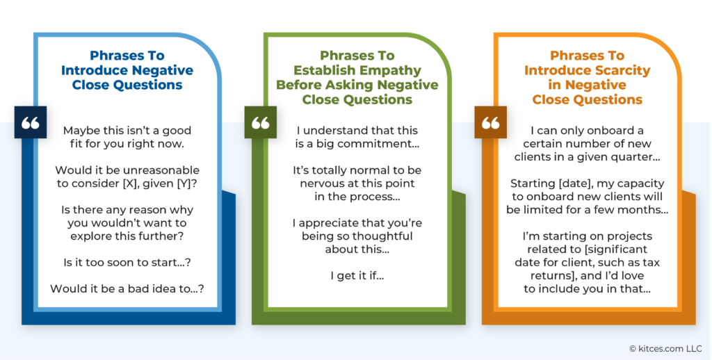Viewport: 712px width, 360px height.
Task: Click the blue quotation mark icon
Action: coord(31,122)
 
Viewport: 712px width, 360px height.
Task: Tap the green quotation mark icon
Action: coord(261,122)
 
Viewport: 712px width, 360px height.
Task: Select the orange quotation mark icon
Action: coord(491,122)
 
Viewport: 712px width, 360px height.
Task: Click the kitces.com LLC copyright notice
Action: coord(665,349)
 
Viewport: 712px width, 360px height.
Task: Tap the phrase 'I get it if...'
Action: coord(357,276)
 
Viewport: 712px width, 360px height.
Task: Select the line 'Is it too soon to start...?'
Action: coord(127,263)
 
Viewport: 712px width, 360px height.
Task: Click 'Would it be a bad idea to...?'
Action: coord(127,288)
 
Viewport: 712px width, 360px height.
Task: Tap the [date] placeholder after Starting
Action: coord(575,183)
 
